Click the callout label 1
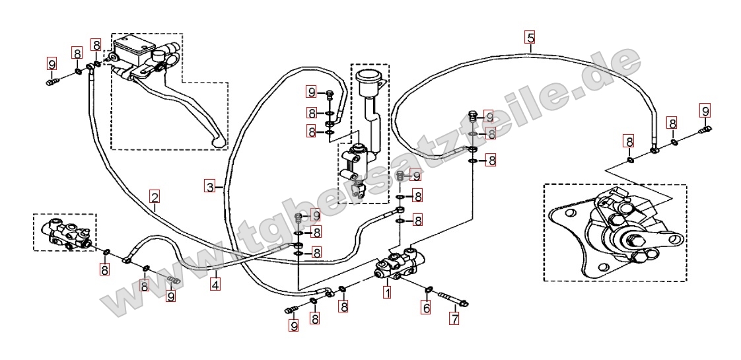click(x=387, y=293)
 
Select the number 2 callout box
click(x=155, y=196)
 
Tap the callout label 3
click(x=210, y=186)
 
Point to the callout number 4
click(x=215, y=285)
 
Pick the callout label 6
click(x=426, y=308)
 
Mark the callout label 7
click(x=454, y=318)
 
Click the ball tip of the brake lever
click(x=219, y=142)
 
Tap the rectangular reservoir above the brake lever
click(x=135, y=49)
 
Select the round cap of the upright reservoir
click(x=370, y=76)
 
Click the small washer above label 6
click(x=429, y=289)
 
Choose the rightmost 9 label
click(x=705, y=112)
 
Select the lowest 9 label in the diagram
click(x=293, y=326)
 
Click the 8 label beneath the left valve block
click(x=104, y=270)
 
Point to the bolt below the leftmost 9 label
click(x=52, y=83)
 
